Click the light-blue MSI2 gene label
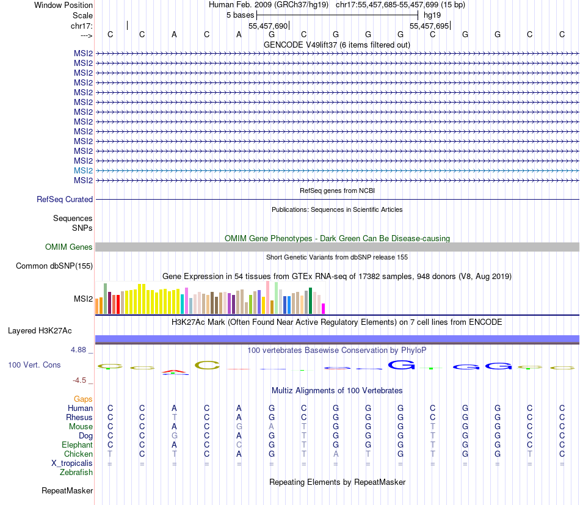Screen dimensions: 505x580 pos(83,170)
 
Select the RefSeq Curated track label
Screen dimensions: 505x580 pos(65,199)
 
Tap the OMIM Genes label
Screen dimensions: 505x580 pos(69,247)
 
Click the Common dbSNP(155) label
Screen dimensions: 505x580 pos(54,266)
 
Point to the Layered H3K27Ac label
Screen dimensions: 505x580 pos(40,331)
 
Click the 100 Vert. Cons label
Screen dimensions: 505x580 pos(34,365)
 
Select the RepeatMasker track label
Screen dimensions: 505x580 pos(67,490)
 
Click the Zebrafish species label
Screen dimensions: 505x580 pos(76,472)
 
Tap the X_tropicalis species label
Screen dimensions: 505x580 pos(72,463)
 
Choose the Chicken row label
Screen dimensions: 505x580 pos(79,454)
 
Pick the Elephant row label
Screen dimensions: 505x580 pos(77,445)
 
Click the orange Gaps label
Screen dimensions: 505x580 pos(83,399)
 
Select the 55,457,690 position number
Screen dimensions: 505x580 pos(268,26)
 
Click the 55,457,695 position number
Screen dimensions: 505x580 pos(429,26)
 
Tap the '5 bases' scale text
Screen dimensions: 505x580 pos(240,15)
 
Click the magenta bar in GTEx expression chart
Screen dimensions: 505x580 pos(324,308)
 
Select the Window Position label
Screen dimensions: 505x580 pos(63,5)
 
